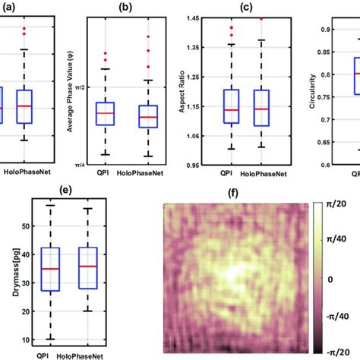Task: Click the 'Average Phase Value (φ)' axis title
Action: pos(70,90)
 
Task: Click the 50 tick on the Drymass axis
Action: pos(28,226)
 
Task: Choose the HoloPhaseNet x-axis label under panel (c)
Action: pos(260,173)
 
